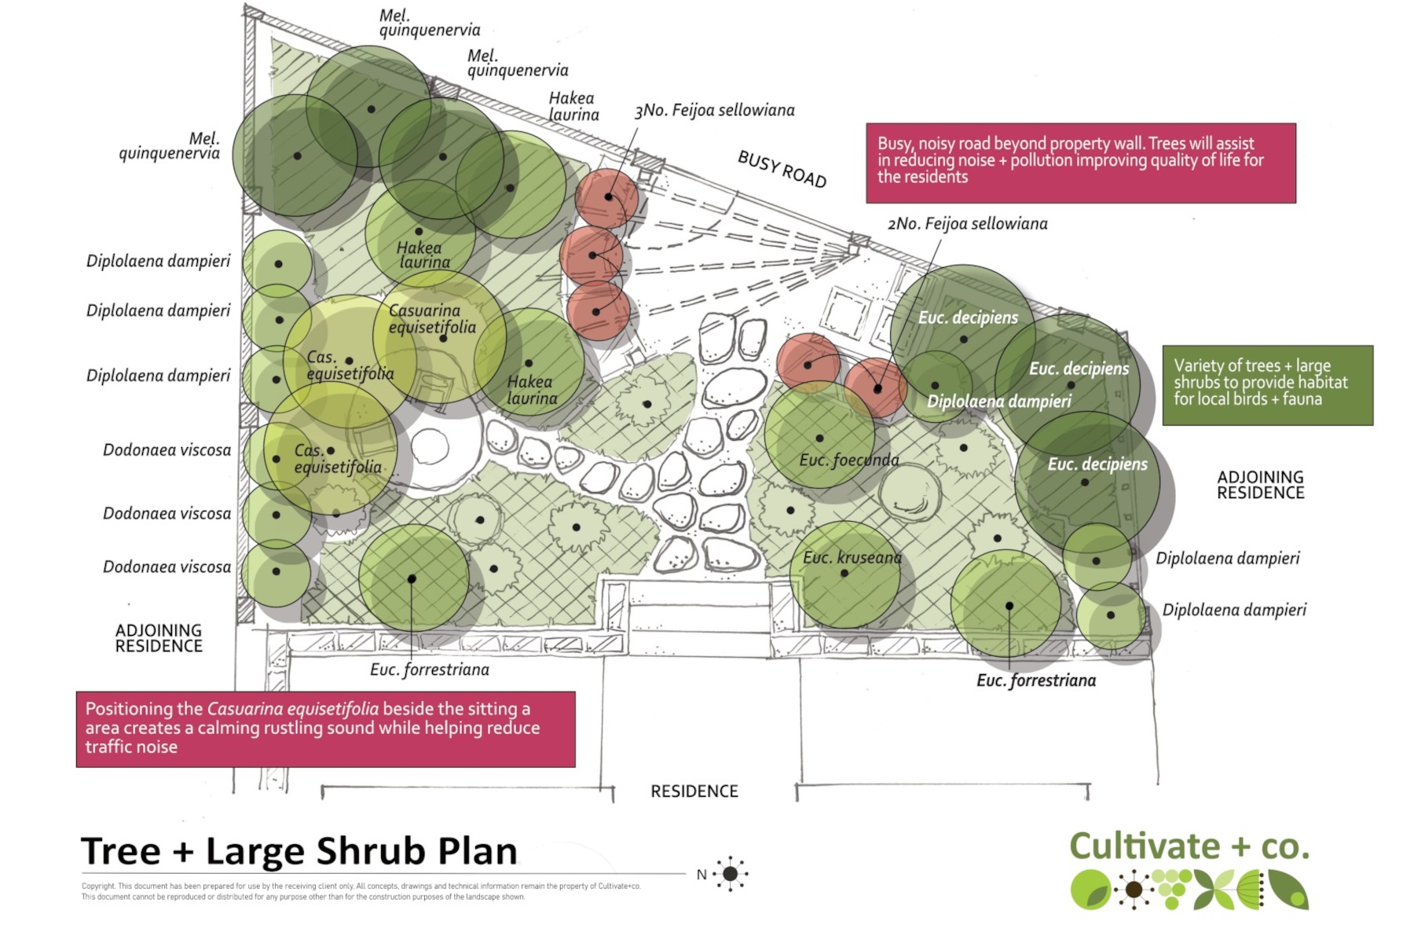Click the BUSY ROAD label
click(782, 169)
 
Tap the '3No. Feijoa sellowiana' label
click(715, 110)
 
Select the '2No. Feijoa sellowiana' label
click(968, 224)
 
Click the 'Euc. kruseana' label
click(852, 558)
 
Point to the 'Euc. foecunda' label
click(849, 460)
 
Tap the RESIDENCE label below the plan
click(694, 791)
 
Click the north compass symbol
click(731, 874)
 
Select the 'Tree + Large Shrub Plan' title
click(299, 851)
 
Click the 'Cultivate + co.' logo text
click(1189, 846)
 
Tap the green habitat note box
click(1268, 385)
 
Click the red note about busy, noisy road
click(1081, 163)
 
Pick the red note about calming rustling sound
click(325, 729)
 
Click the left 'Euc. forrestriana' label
click(430, 670)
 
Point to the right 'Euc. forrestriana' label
click(1036, 681)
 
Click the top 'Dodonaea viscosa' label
click(167, 450)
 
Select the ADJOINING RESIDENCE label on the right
click(1261, 485)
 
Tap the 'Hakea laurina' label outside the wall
click(573, 106)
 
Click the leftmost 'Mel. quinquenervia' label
click(170, 146)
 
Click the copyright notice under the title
click(361, 891)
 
